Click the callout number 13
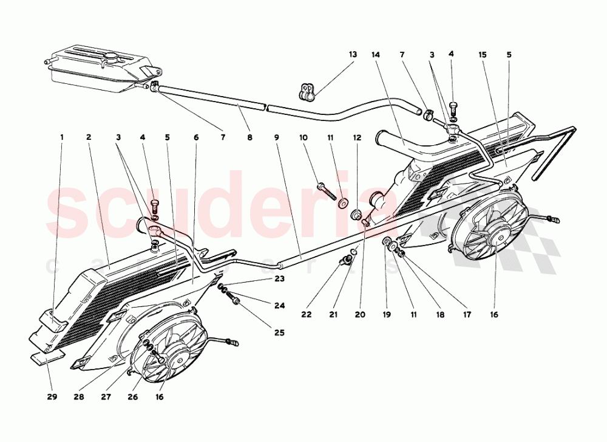click(x=353, y=55)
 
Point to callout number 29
click(x=52, y=398)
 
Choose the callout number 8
click(x=249, y=137)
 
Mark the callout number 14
click(x=376, y=55)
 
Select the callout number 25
click(x=279, y=333)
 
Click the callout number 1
click(x=61, y=137)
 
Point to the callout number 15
click(x=483, y=55)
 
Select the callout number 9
click(x=276, y=137)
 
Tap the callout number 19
click(x=386, y=315)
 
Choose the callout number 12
click(x=357, y=137)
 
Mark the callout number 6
click(x=196, y=137)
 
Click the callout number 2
click(x=89, y=137)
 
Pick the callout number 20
click(x=361, y=315)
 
